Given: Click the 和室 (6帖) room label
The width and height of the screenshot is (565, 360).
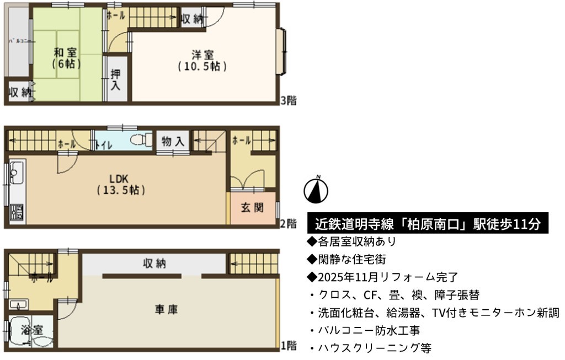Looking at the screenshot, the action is pos(65,58).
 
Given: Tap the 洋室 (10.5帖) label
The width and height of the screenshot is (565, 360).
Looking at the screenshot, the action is pos(202,61).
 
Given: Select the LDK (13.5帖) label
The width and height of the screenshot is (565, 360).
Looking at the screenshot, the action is pos(121,184).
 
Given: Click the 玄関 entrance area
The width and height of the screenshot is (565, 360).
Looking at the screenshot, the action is pos(253,208).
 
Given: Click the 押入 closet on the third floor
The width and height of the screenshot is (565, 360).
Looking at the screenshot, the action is pos(115,79).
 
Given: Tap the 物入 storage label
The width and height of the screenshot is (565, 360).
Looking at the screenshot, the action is pos(173,141).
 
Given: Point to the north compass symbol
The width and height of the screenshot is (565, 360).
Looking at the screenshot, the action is pos(316,190).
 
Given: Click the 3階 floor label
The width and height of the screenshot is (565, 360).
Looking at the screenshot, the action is pos(289,100).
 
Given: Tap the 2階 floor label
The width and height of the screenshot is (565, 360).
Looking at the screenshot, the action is pos(289,224).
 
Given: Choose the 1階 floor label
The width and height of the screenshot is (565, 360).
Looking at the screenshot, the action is pos(289,346).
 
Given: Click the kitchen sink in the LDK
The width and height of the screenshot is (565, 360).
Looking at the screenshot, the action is pos(16,172).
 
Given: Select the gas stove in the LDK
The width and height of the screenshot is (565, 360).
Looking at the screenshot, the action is pos(17,213).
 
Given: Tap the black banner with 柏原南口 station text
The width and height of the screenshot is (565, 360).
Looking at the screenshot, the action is pos(428,224).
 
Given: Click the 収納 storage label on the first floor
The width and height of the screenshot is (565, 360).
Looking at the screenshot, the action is pos(154,264).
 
